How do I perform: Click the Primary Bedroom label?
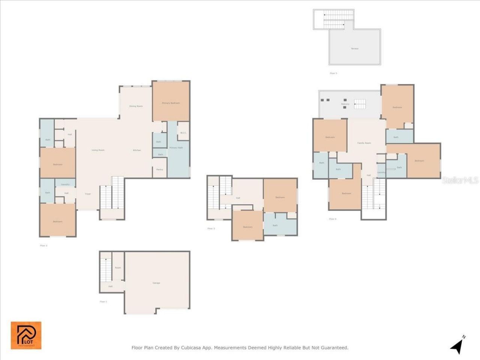(171, 103)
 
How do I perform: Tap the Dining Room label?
(136, 106)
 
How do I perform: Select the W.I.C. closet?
(183, 133)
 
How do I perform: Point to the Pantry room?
(159, 169)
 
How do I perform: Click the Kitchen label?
(137, 150)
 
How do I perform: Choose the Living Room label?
(98, 150)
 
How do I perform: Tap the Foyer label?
(88, 194)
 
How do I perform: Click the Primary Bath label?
(176, 148)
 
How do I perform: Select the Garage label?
(156, 283)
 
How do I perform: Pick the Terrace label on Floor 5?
(354, 49)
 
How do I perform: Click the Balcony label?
(345, 104)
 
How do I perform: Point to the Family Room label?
(364, 143)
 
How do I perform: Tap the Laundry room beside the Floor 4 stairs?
(381, 172)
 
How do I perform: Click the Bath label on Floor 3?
(275, 225)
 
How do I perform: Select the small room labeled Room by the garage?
(118, 268)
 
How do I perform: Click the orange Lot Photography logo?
(26, 335)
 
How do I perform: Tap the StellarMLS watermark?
(460, 180)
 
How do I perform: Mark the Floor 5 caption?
(333, 73)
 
